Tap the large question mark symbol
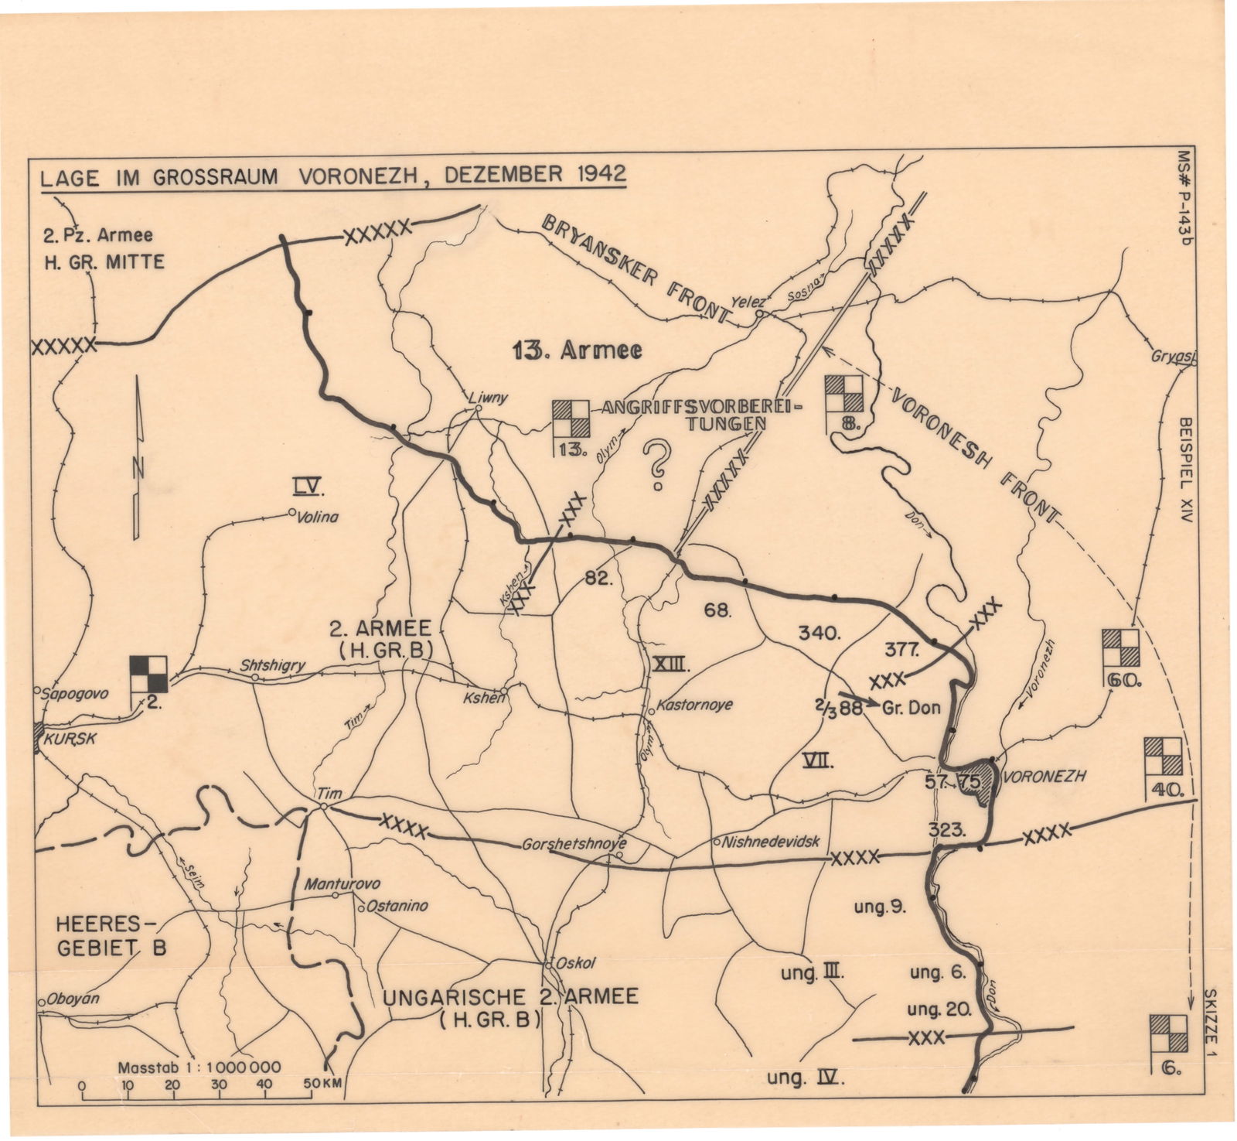pyautogui.click(x=658, y=465)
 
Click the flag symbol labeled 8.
pyautogui.click(x=843, y=394)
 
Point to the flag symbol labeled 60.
pyautogui.click(x=1120, y=648)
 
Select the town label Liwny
pyautogui.click(x=489, y=398)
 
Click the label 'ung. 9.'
pyautogui.click(x=880, y=907)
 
